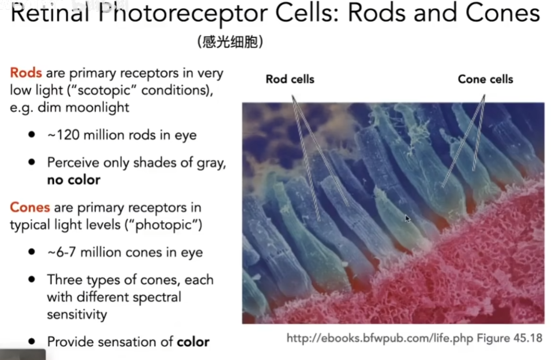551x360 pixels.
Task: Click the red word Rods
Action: [26, 73]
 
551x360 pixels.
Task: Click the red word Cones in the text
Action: [30, 207]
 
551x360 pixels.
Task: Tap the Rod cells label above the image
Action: [290, 80]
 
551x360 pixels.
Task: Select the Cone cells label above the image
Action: [485, 80]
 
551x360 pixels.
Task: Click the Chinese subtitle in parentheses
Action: [230, 42]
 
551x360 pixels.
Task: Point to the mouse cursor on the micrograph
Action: [407, 219]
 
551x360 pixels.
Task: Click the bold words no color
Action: [74, 180]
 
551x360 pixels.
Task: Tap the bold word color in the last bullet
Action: [193, 342]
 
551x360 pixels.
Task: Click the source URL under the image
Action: [380, 338]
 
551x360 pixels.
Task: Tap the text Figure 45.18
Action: [509, 338]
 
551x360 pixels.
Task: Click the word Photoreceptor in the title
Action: [183, 13]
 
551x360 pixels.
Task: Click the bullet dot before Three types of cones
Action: [32, 280]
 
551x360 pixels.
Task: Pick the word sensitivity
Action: [77, 314]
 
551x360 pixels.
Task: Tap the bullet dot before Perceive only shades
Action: [32, 162]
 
